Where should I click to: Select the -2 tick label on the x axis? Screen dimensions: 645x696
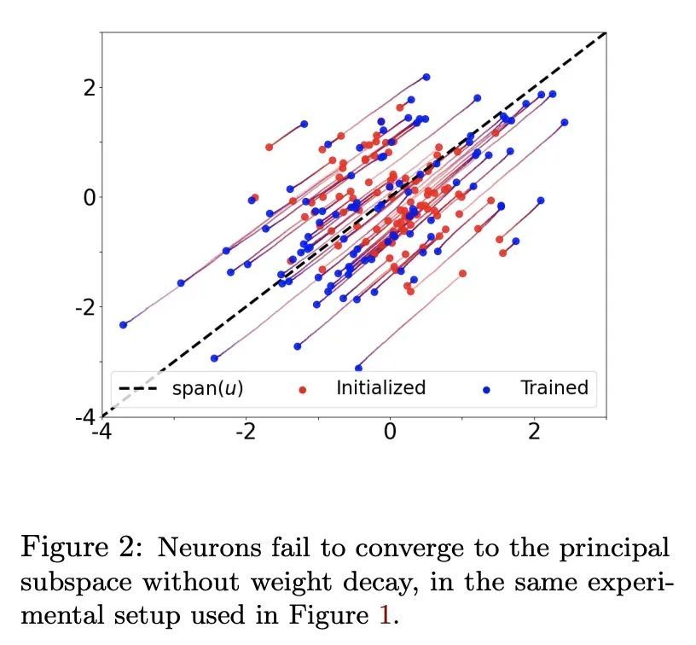246,432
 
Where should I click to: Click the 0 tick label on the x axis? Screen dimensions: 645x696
390,432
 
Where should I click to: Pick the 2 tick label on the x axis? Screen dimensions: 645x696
535,432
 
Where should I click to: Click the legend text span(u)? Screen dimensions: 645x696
207,389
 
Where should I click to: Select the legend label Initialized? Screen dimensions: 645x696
380,388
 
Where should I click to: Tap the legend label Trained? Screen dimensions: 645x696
554,388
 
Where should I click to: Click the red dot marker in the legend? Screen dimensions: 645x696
303,390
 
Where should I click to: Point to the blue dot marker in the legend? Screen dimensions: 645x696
487,390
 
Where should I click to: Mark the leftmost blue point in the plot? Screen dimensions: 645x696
124,324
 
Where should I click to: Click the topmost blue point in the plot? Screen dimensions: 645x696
426,77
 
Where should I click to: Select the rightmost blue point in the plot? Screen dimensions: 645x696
565,122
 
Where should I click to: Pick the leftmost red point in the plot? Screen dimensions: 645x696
270,147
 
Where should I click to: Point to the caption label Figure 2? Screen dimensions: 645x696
82,546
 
